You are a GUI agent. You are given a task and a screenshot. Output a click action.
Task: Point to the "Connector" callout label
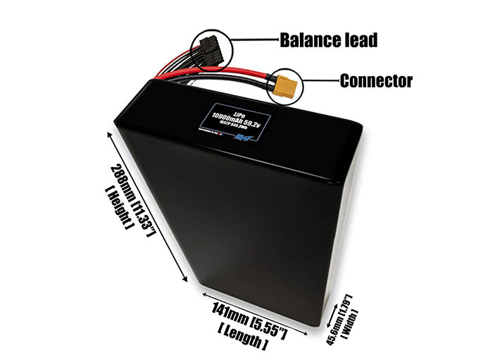(x=375, y=81)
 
